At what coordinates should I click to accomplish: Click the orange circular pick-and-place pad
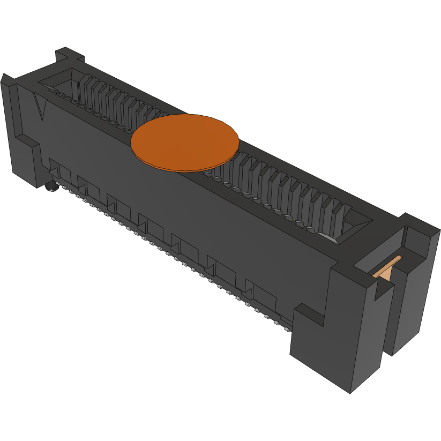(185, 141)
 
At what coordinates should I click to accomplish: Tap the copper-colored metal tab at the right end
(388, 267)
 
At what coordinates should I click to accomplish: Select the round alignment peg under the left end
(51, 187)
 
